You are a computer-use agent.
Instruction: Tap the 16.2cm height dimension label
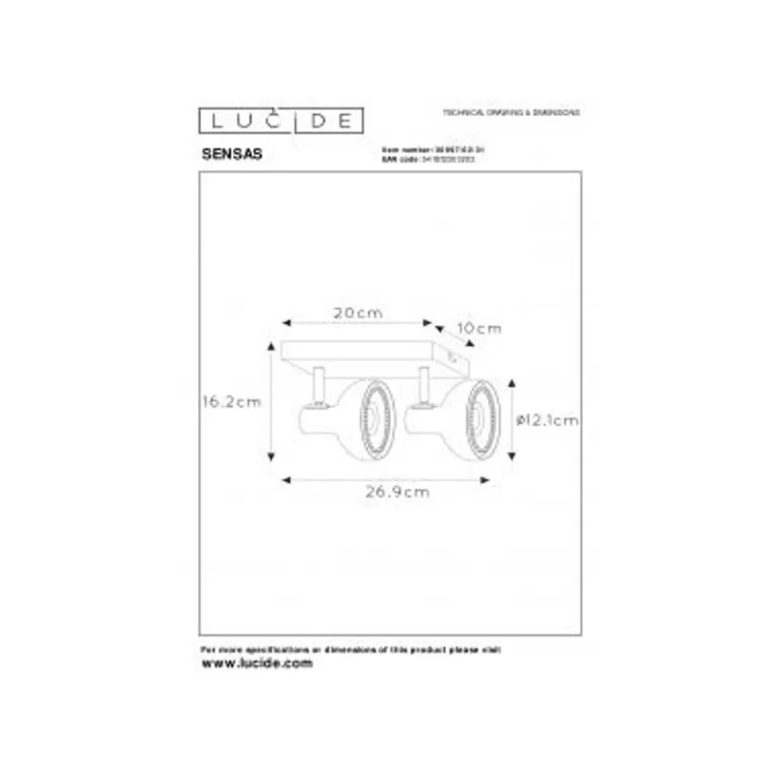click(231, 402)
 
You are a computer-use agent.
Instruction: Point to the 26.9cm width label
click(387, 492)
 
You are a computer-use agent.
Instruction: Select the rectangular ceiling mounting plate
click(375, 352)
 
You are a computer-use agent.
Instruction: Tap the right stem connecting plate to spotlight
click(423, 384)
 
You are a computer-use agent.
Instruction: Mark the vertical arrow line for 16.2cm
click(271, 402)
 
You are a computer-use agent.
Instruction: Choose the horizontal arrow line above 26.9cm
click(386, 479)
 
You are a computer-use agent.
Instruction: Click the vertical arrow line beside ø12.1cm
click(512, 420)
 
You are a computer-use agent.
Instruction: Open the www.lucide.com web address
click(257, 663)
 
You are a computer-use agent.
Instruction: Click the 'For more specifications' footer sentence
click(350, 650)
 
